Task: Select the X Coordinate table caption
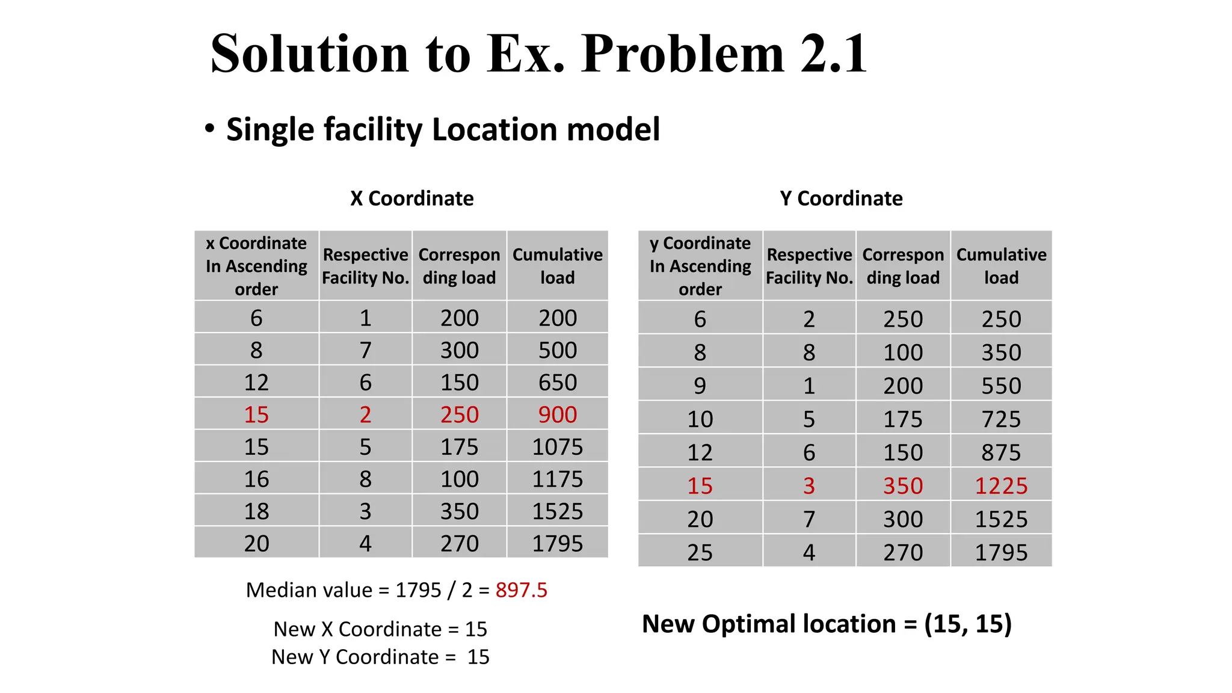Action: click(x=412, y=199)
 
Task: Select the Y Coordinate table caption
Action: click(x=841, y=199)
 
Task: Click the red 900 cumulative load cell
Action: click(x=558, y=414)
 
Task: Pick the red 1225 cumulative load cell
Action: click(x=1001, y=485)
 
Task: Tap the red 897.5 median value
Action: click(x=521, y=590)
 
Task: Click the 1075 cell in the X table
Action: click(x=558, y=447)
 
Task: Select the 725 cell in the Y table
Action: click(x=1001, y=419)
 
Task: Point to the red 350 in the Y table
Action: click(x=903, y=485)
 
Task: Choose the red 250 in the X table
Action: click(x=459, y=414)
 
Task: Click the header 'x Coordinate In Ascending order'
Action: click(x=256, y=266)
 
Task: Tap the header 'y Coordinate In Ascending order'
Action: click(x=700, y=266)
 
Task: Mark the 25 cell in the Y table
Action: click(x=700, y=552)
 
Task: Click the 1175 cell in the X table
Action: click(x=558, y=479)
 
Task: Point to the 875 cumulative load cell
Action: click(x=1001, y=452)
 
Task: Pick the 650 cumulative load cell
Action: click(x=558, y=383)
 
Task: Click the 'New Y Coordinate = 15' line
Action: click(x=380, y=657)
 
